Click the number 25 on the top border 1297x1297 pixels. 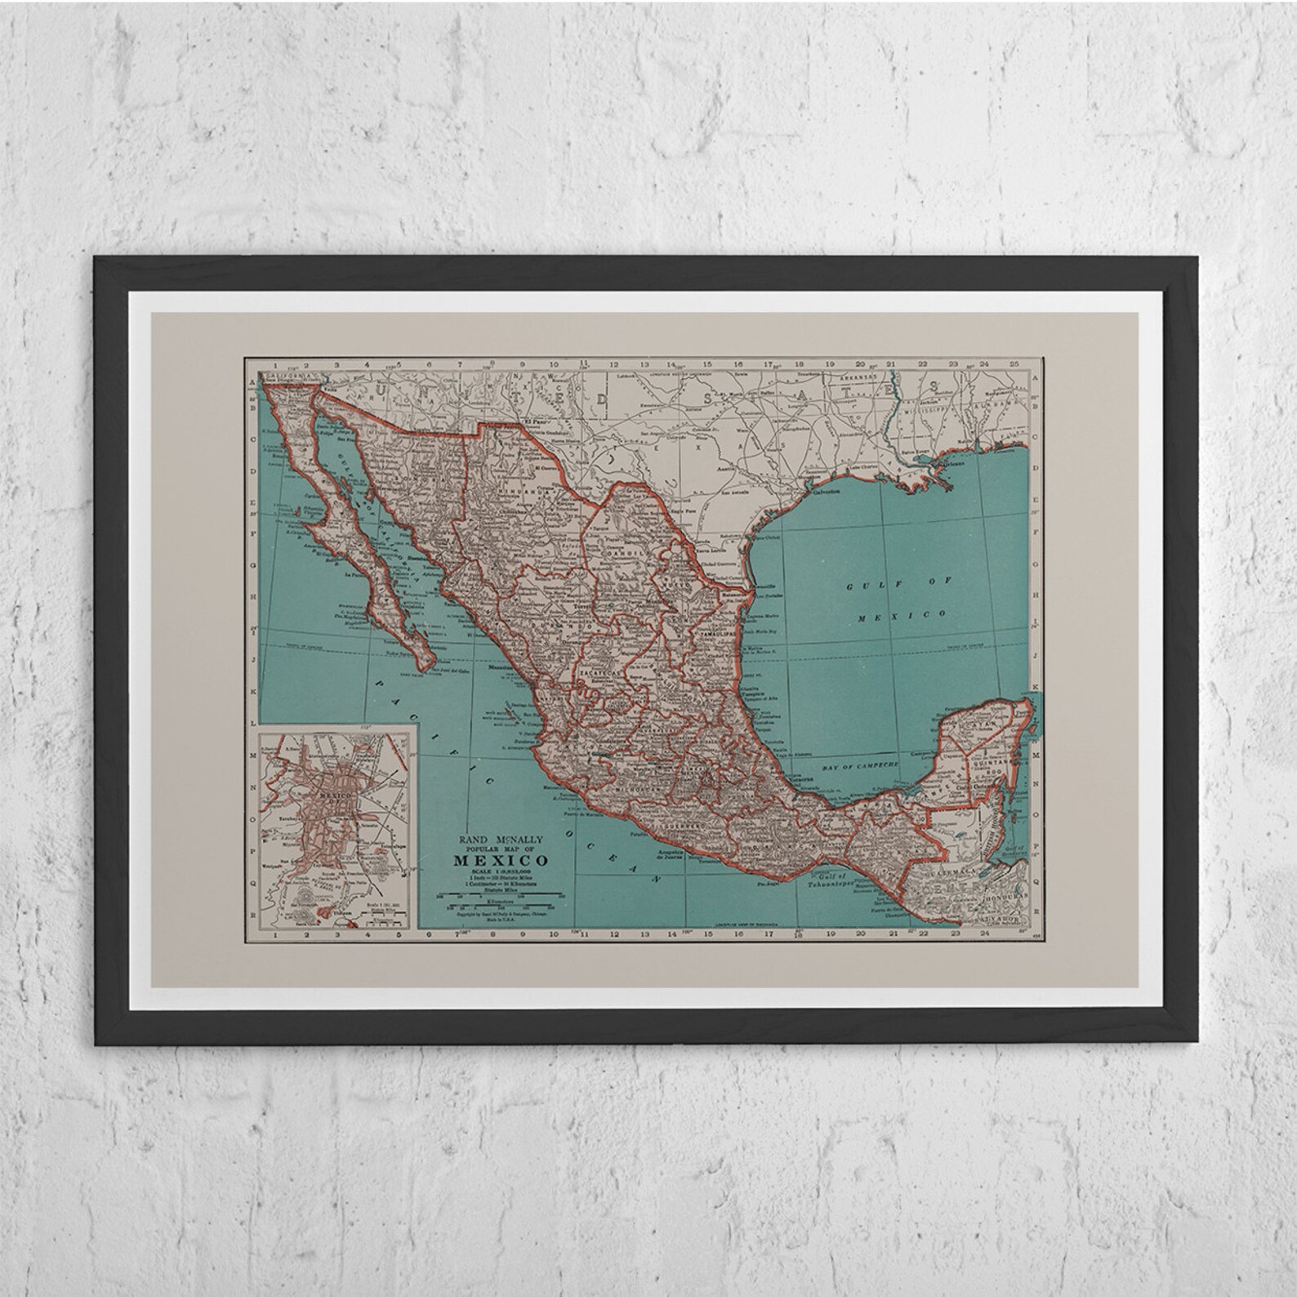[x=1014, y=365]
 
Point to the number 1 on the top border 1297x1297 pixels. [x=276, y=365]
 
